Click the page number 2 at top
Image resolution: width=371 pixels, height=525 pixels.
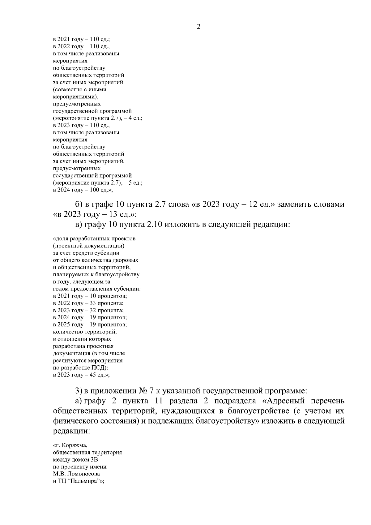(198, 27)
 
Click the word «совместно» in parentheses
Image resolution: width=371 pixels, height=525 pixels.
(66, 90)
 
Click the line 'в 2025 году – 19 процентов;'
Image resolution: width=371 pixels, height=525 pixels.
(90, 325)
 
